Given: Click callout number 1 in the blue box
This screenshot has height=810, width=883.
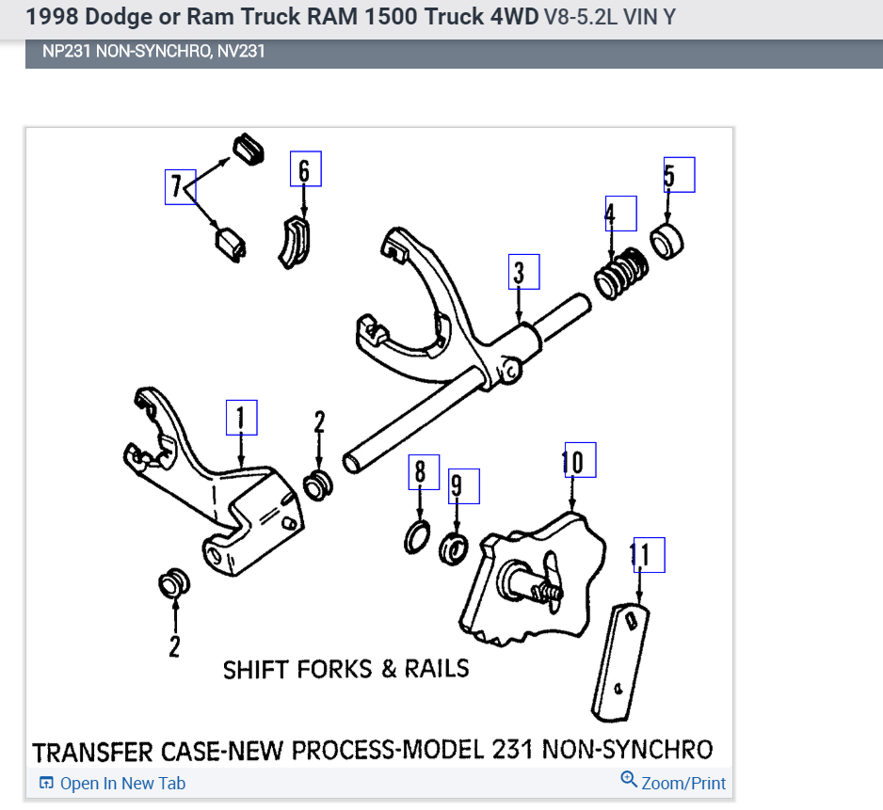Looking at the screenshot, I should pyautogui.click(x=241, y=417).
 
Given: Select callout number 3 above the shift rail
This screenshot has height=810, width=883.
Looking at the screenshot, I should pyautogui.click(x=523, y=272).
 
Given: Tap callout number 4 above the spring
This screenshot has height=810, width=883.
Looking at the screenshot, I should pyautogui.click(x=619, y=214).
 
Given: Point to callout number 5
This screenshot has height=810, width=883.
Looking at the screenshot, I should pyautogui.click(x=679, y=174).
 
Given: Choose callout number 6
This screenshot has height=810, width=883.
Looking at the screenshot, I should pyautogui.click(x=305, y=169).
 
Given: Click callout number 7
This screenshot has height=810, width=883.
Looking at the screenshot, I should pyautogui.click(x=179, y=186).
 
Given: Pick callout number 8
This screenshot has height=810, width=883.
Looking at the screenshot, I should pyautogui.click(x=423, y=470).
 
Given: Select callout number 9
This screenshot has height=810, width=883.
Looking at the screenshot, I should pyautogui.click(x=463, y=484).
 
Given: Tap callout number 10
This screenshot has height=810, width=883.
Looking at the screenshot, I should pyautogui.click(x=578, y=460).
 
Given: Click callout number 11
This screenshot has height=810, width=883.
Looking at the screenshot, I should pyautogui.click(x=648, y=555).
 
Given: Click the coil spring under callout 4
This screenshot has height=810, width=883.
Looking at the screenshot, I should pyautogui.click(x=620, y=274).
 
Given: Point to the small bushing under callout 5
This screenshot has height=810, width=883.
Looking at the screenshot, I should pyautogui.click(x=667, y=241).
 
